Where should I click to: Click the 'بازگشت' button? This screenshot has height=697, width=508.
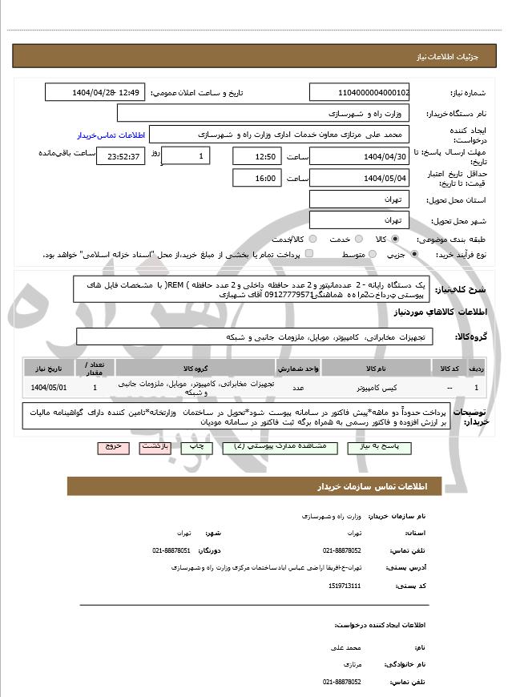pyautogui.click(x=156, y=445)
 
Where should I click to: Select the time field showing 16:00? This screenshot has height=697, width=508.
pyautogui.click(x=257, y=178)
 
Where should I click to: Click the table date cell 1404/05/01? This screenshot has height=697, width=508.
pyautogui.click(x=50, y=387)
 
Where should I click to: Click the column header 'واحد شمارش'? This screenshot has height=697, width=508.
pyautogui.click(x=298, y=368)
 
